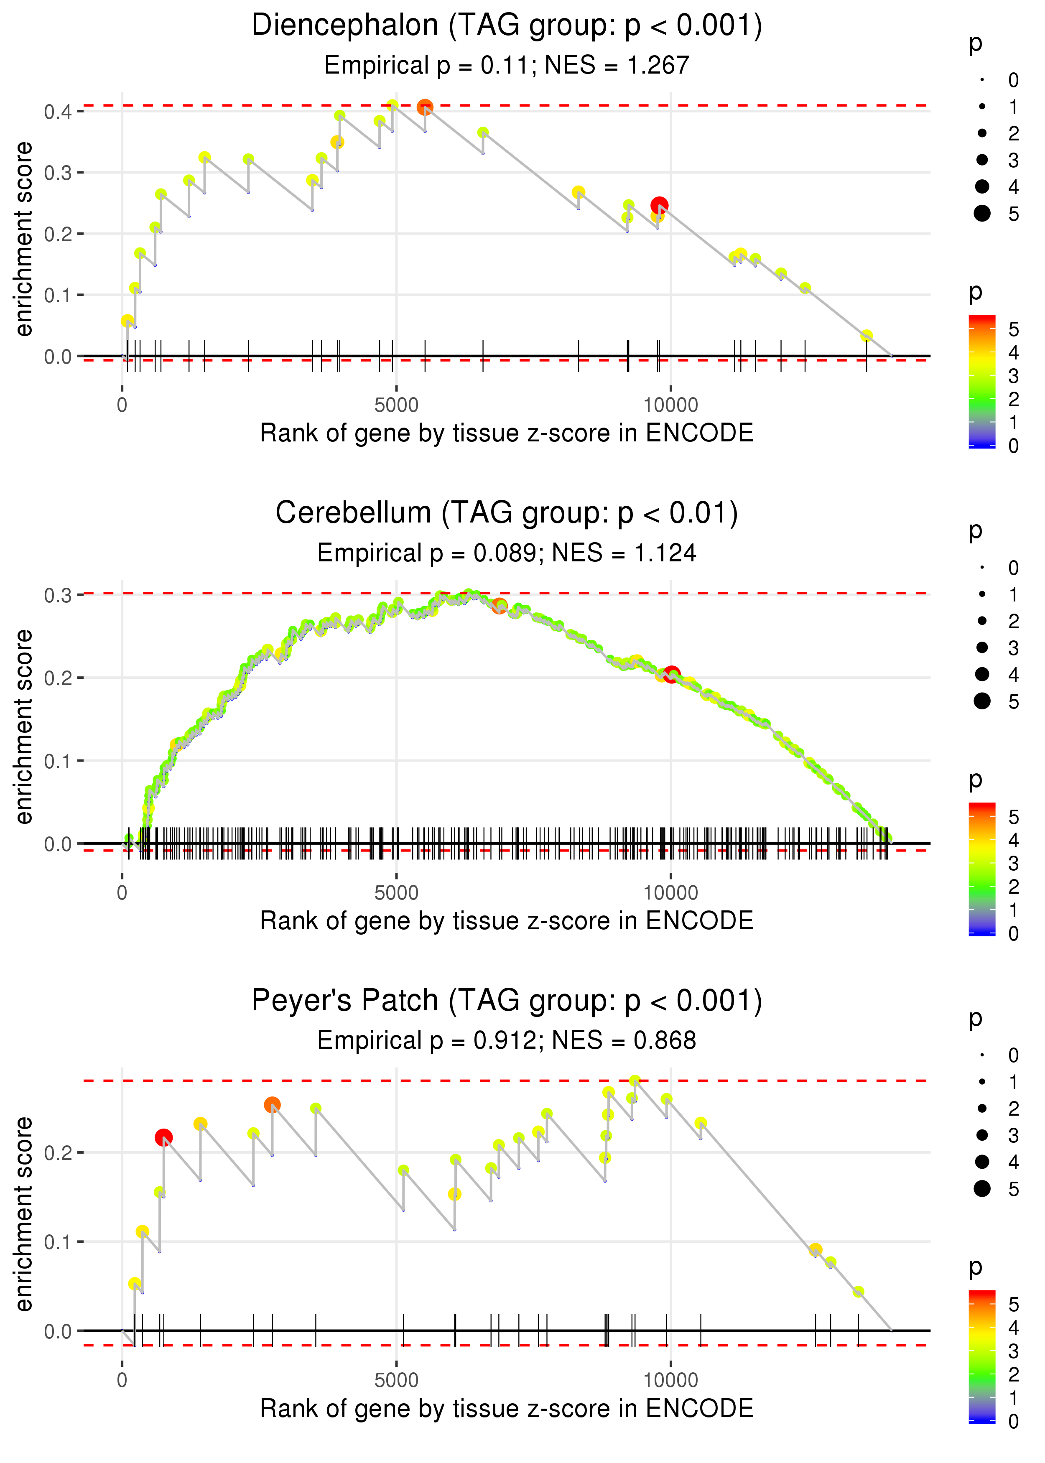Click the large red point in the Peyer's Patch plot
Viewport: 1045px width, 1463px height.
[x=163, y=1137]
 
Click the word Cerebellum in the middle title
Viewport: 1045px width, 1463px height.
[x=353, y=513]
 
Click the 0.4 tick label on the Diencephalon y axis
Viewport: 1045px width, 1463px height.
[x=58, y=112]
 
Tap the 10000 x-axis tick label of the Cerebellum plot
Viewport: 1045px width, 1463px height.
[x=670, y=893]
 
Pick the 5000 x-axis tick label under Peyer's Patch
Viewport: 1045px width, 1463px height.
[x=396, y=1381]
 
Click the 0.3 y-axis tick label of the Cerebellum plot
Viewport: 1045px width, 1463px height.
[x=58, y=596]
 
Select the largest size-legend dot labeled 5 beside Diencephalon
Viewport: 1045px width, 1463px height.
[x=982, y=213]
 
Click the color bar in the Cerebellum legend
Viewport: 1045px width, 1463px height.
[x=982, y=869]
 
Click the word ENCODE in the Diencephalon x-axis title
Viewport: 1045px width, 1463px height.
[x=699, y=433]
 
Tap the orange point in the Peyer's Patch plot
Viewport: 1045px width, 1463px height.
[x=272, y=1105]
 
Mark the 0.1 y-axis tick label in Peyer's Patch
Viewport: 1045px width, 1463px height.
[x=58, y=1242]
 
